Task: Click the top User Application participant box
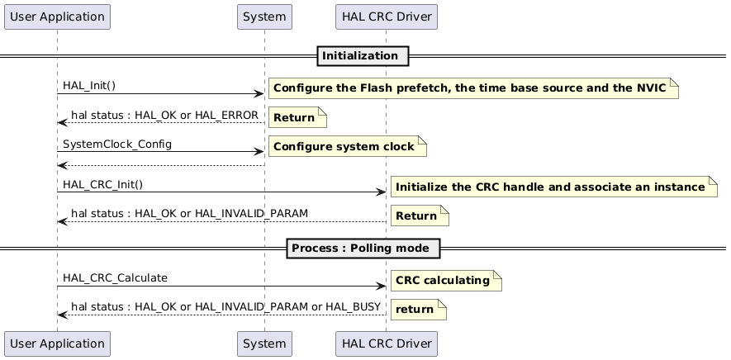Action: pos(57,17)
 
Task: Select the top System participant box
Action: pos(264,17)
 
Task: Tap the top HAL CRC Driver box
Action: pos(386,17)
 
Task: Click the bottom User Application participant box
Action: pos(57,343)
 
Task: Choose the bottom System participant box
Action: pos(264,343)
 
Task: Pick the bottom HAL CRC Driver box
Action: pos(386,343)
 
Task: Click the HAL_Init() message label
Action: pos(89,86)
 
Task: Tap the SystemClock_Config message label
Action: pos(106,144)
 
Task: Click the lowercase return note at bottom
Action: pos(417,310)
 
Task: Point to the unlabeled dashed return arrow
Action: pos(160,165)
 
